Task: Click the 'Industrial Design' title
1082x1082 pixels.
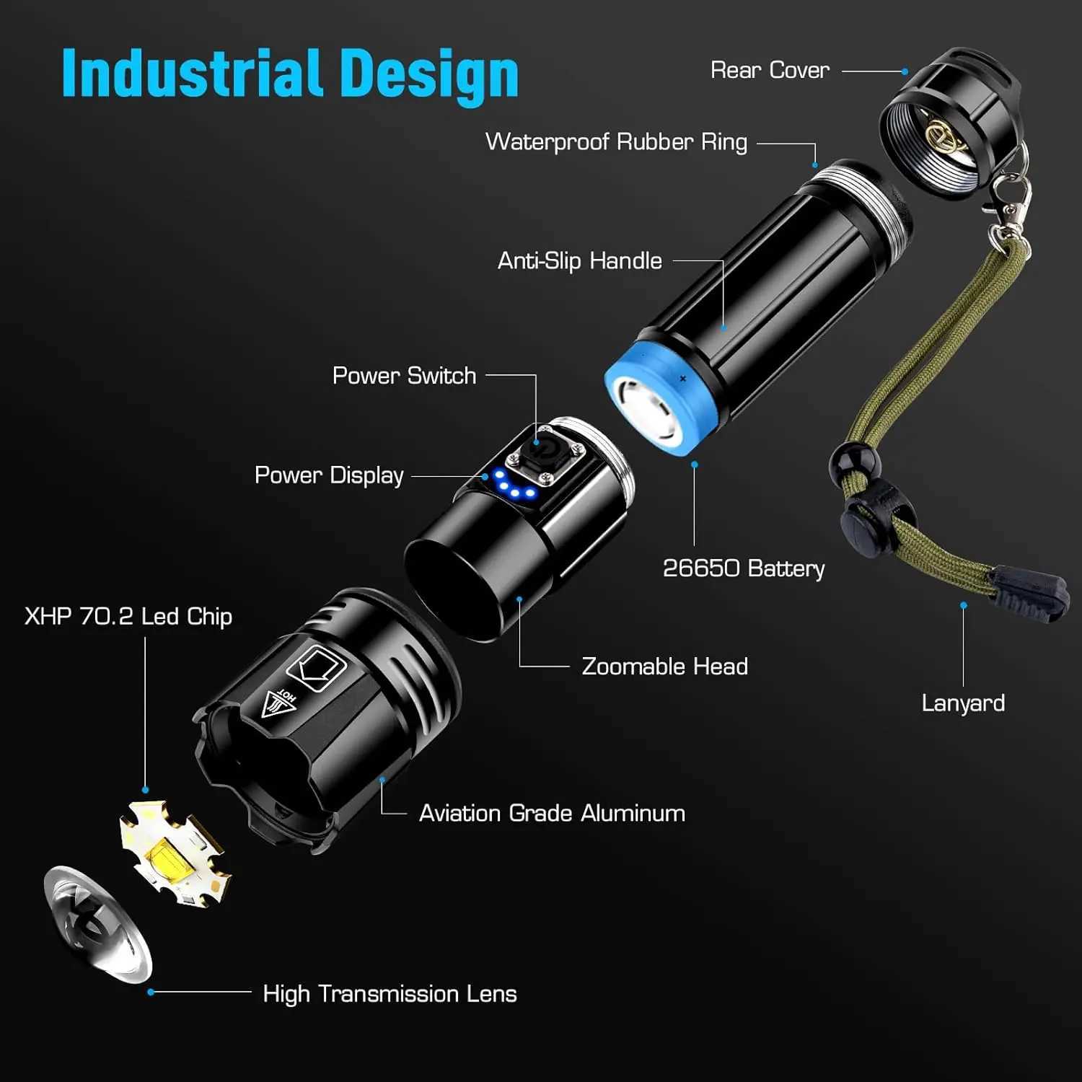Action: [290, 74]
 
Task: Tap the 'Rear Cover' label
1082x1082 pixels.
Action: [769, 70]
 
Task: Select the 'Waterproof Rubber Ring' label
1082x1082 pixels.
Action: [616, 141]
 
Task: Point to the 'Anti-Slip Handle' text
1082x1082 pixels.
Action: [579, 260]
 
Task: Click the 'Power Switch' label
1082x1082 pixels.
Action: [404, 375]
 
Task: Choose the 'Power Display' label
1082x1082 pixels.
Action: [329, 475]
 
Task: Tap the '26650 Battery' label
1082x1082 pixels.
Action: [743, 568]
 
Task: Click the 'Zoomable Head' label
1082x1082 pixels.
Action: [664, 666]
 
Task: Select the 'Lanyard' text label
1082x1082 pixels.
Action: [963, 703]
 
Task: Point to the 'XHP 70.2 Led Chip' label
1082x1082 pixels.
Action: [128, 616]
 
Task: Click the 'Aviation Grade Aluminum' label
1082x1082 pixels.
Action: [552, 813]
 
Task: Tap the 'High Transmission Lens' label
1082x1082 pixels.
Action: [390, 993]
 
